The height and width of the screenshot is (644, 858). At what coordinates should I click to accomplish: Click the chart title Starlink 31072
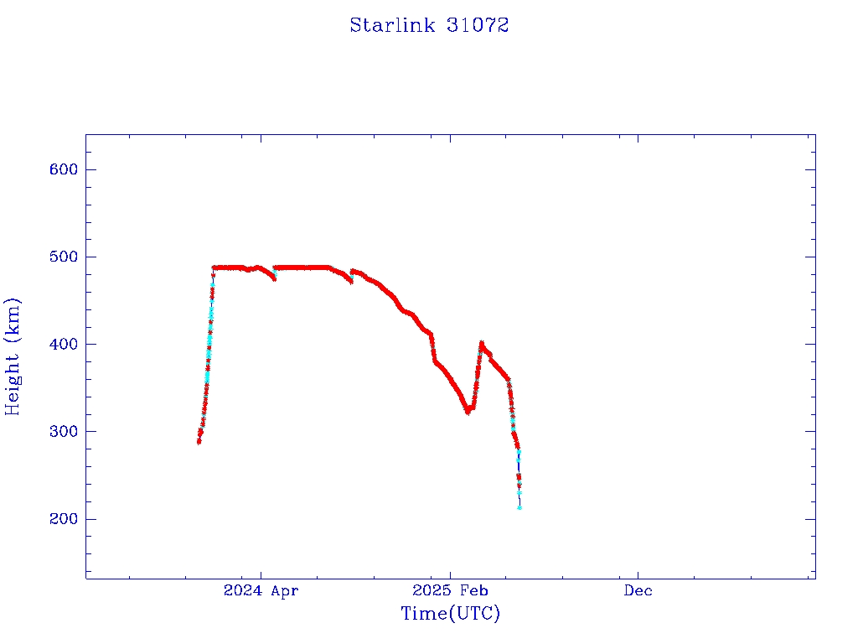[x=429, y=25]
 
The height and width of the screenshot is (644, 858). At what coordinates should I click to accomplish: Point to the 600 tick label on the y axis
[x=63, y=169]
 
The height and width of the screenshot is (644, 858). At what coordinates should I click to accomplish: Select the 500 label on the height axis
[x=63, y=257]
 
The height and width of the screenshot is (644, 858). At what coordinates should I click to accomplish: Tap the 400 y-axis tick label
[x=63, y=344]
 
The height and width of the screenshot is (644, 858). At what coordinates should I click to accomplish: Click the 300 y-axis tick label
[x=63, y=431]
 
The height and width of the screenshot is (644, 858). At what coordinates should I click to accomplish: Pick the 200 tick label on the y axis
[x=63, y=519]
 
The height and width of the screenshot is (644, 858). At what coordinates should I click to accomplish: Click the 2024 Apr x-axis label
[x=261, y=590]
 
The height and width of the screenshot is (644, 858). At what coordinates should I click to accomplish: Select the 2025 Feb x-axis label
[x=449, y=590]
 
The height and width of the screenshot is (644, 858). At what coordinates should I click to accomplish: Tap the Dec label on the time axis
[x=638, y=590]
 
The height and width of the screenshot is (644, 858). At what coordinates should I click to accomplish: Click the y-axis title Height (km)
[x=13, y=356]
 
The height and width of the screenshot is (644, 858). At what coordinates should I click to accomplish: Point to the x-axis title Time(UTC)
[x=450, y=614]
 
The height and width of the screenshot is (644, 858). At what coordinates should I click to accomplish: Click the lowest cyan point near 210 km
[x=519, y=507]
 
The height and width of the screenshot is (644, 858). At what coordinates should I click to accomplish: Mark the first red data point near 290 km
[x=199, y=442]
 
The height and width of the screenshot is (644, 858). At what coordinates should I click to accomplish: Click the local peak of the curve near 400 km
[x=482, y=343]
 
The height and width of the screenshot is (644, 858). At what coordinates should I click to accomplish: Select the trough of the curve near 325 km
[x=468, y=411]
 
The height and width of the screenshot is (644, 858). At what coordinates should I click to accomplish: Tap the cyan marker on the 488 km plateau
[x=275, y=268]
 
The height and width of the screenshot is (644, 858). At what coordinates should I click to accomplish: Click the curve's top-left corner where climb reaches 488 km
[x=214, y=267]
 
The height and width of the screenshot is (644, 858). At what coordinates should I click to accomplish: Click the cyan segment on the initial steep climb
[x=209, y=335]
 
